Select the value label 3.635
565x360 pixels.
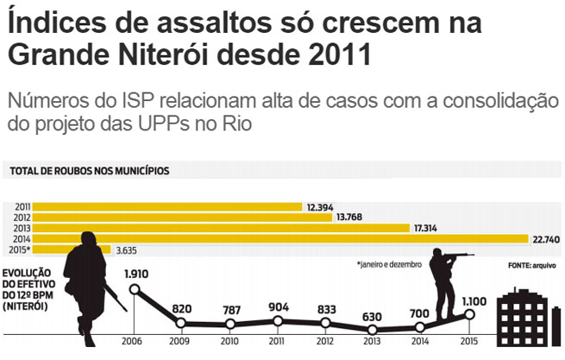129,250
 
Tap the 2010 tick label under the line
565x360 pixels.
229,341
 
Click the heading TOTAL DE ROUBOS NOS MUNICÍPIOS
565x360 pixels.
90,171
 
